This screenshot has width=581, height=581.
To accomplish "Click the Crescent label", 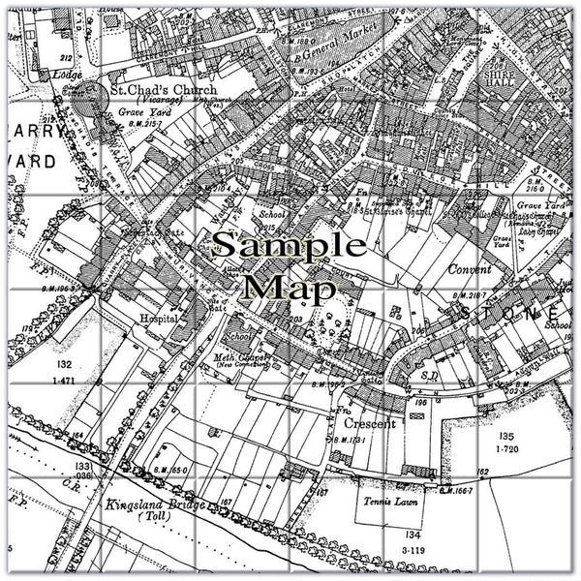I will coord(368,424).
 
